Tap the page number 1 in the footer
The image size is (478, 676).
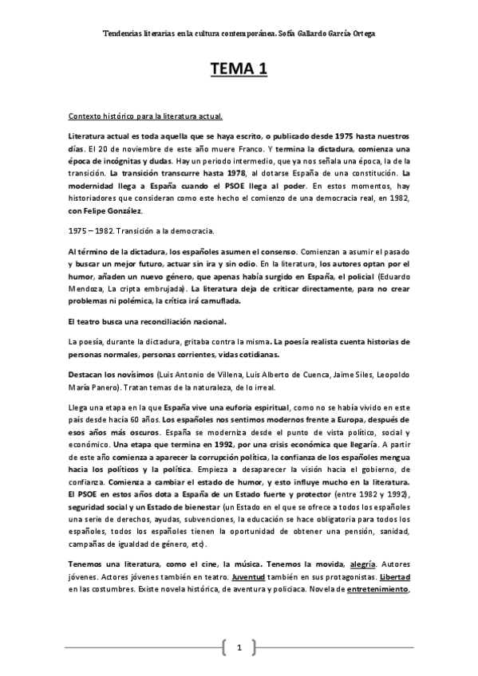[239, 647]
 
